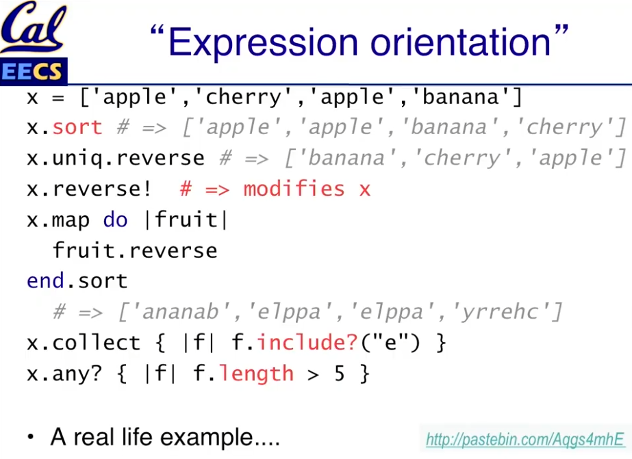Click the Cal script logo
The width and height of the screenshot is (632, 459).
point(33,27)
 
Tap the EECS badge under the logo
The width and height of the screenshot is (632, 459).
point(33,72)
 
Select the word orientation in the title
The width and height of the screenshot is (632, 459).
point(460,42)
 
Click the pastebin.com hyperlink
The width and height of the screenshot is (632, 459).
point(524,439)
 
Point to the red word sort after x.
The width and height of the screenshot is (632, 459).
point(77,128)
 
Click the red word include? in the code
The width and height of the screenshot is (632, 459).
point(307,343)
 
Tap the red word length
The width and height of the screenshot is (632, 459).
point(256,374)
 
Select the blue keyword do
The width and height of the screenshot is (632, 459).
point(115,220)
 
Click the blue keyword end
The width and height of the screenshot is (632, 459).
point(46,280)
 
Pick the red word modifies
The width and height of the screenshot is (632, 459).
point(294,189)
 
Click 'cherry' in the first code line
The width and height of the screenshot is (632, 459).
point(244,97)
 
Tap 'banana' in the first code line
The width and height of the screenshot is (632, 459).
point(461,97)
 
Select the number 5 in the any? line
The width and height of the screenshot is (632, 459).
point(340,373)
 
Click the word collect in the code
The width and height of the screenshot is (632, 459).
point(96,343)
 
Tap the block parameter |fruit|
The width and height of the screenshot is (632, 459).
point(186,220)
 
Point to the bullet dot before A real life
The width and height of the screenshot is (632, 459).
point(31,438)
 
